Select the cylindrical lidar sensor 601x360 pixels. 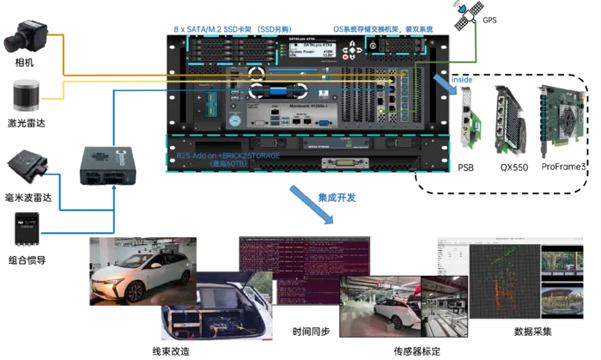coord(24,92)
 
